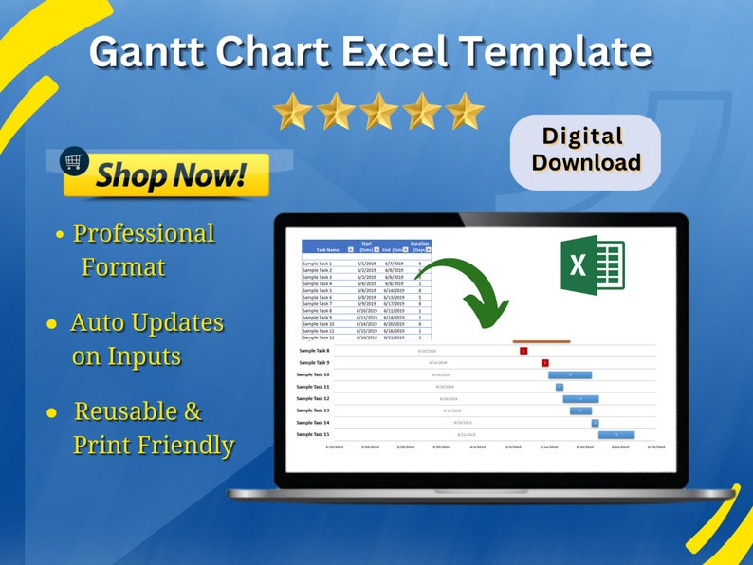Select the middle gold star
pyautogui.click(x=377, y=112)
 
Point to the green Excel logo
pyautogui.click(x=591, y=264)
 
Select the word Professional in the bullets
pyautogui.click(x=144, y=233)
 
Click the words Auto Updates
pyautogui.click(x=147, y=322)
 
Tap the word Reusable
pyautogui.click(x=138, y=411)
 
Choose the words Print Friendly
pyautogui.click(x=154, y=445)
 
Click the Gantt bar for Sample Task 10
pyautogui.click(x=570, y=374)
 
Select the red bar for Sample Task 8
pyautogui.click(x=523, y=351)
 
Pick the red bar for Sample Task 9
pyautogui.click(x=545, y=362)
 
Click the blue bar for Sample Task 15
pyautogui.click(x=616, y=434)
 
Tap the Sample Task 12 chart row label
pyautogui.click(x=313, y=398)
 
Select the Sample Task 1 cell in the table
pyautogui.click(x=318, y=264)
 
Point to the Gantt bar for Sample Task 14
pyautogui.click(x=596, y=423)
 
